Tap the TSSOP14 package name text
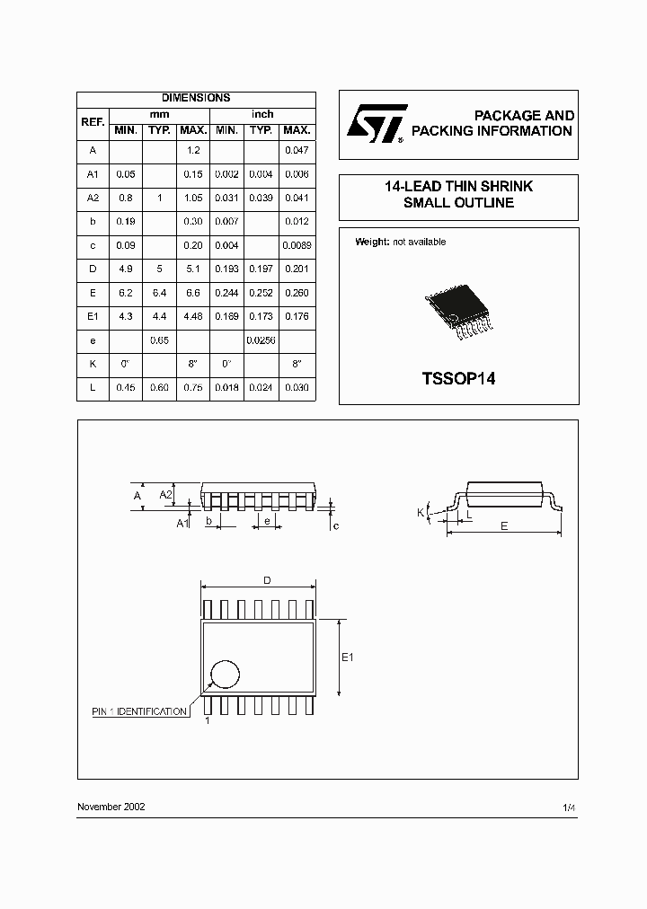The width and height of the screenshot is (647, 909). (x=458, y=378)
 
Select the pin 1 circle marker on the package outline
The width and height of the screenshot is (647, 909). (x=226, y=675)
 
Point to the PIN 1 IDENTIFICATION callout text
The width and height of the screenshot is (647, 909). (x=140, y=711)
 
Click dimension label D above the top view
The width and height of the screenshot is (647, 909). (x=267, y=581)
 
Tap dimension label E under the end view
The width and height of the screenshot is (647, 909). (x=504, y=526)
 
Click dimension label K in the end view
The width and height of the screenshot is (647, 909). (x=420, y=512)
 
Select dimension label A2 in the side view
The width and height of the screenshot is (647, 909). (x=166, y=494)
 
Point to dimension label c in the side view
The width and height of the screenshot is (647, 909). (x=335, y=525)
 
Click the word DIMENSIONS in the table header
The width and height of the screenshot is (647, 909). (x=196, y=98)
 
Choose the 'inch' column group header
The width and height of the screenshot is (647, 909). (x=262, y=114)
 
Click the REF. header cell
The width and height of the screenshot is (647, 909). (x=93, y=122)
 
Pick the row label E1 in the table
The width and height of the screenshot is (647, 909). (x=93, y=316)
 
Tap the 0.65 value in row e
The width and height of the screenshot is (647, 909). (x=159, y=340)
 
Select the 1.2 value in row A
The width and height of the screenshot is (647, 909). (x=193, y=150)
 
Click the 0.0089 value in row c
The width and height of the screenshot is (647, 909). (x=297, y=245)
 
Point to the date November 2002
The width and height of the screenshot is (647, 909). (x=111, y=807)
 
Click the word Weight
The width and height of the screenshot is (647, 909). (x=372, y=242)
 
